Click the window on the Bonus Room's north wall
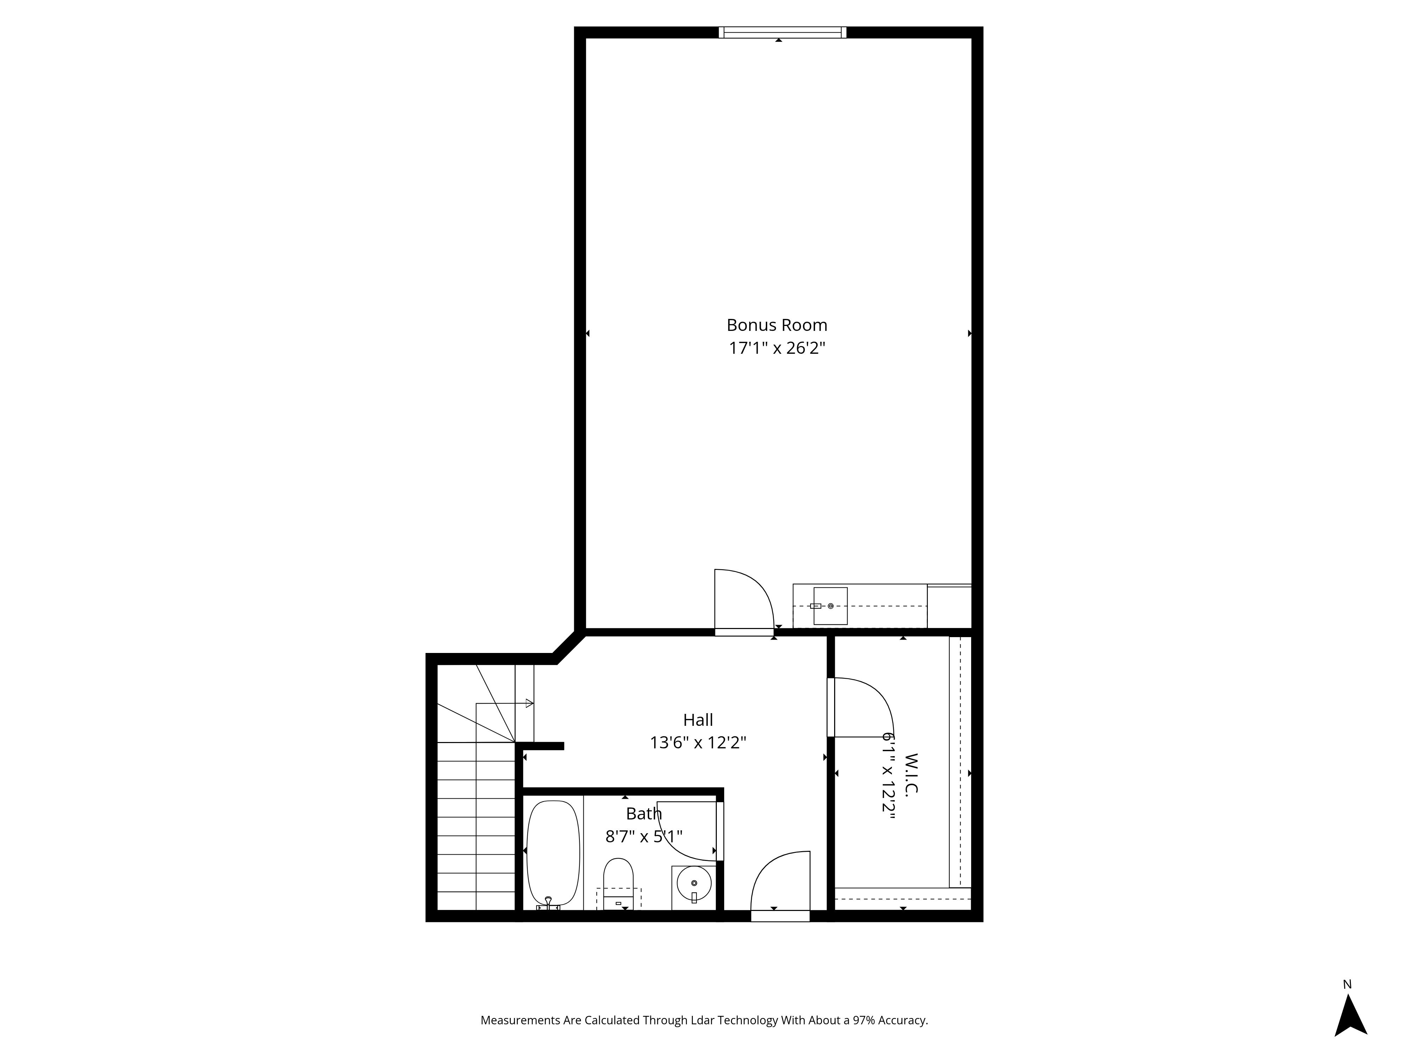coord(782,32)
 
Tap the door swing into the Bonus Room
coord(744,599)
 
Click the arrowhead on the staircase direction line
coord(529,703)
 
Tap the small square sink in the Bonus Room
coord(830,606)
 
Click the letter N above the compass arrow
coord(1347,985)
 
